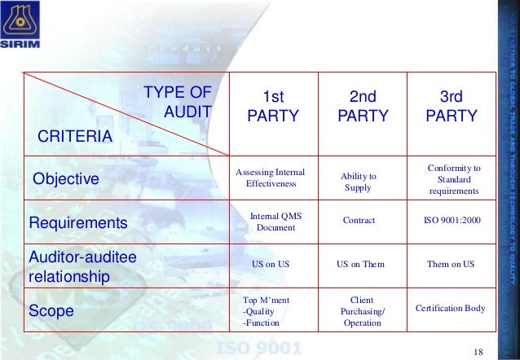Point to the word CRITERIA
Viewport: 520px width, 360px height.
point(71,135)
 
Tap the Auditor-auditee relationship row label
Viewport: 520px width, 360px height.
point(81,266)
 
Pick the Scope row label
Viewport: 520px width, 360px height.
point(51,310)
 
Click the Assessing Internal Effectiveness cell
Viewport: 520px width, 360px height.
point(270,178)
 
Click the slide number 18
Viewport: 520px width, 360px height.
point(478,350)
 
